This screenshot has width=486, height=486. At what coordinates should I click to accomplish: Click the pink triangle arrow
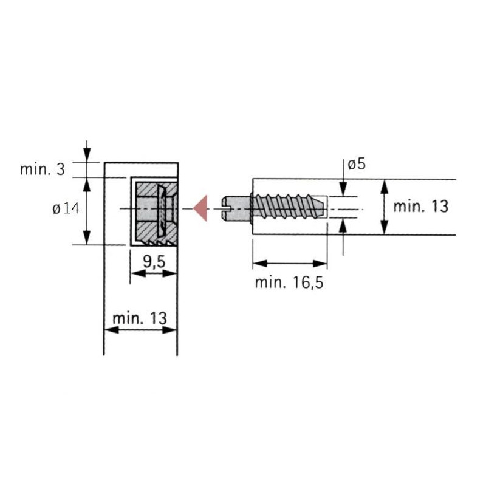click(202, 208)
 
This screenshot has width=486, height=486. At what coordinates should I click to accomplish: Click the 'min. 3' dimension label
click(43, 169)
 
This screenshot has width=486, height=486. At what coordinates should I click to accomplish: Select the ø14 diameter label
click(66, 208)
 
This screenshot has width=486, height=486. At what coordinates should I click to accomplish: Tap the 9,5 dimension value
click(154, 262)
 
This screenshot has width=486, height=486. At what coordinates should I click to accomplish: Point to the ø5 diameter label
click(357, 164)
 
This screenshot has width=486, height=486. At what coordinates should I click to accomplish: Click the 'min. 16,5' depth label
click(289, 282)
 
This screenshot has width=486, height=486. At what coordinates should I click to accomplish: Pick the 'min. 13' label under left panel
click(140, 318)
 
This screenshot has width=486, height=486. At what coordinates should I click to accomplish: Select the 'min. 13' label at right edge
click(420, 207)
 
